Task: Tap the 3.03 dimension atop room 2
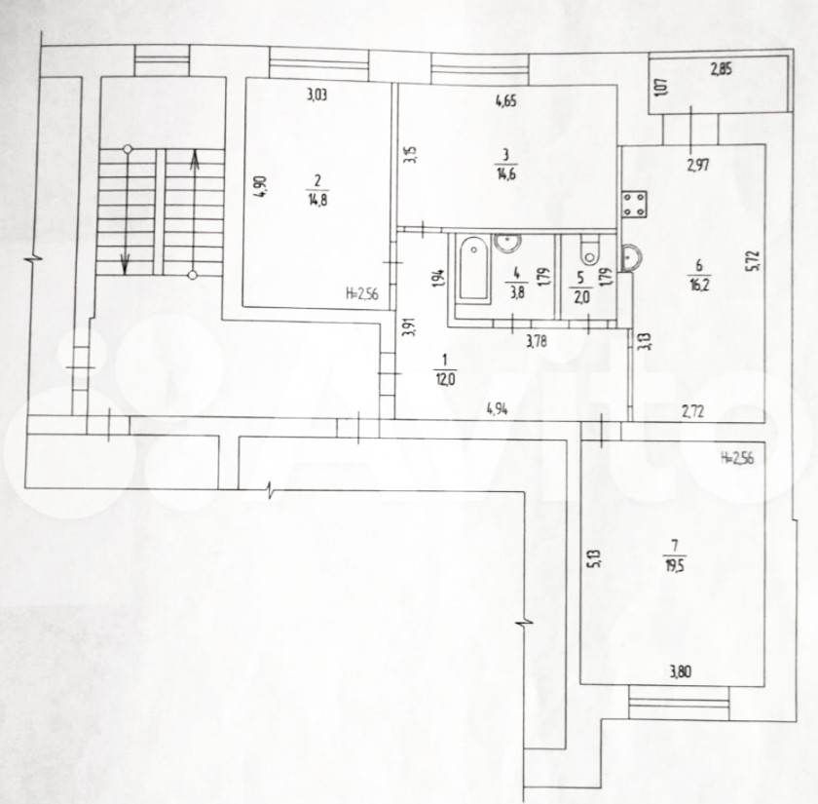coord(316,95)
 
